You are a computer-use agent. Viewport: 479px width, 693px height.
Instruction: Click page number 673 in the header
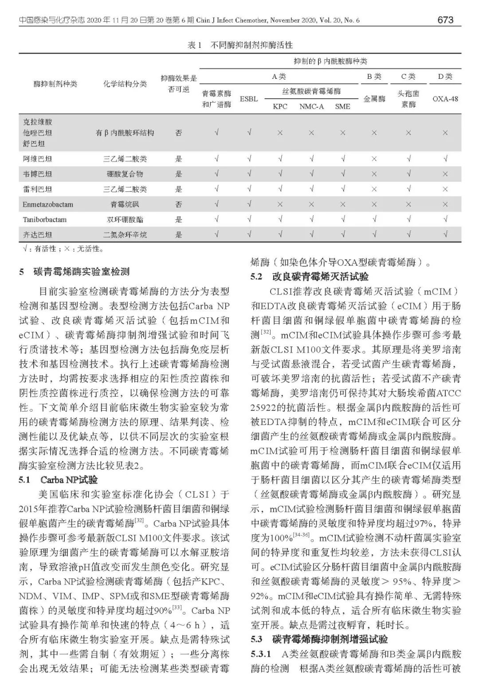[x=445, y=20]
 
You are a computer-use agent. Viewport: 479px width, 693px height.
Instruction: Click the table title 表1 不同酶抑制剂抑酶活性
[x=240, y=45]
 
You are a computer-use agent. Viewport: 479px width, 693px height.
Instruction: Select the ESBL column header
[x=249, y=99]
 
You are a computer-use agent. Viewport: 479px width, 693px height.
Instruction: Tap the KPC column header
[x=280, y=106]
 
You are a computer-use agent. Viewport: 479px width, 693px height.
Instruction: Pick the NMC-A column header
[x=311, y=106]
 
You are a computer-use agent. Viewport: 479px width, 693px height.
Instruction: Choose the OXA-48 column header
[x=445, y=99]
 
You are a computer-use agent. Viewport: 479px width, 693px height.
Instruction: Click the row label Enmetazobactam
[x=48, y=204]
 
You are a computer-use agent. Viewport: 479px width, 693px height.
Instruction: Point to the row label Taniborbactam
[x=45, y=219]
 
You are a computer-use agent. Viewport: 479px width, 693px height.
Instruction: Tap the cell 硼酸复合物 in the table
[x=125, y=174]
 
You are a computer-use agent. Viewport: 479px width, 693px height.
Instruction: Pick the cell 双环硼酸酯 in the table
[x=125, y=219]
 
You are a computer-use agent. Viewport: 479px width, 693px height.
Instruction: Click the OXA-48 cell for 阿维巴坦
[x=445, y=159]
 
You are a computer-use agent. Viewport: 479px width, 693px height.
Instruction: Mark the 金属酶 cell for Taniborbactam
[x=374, y=219]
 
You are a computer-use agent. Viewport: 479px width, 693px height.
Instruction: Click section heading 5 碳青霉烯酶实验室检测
[x=75, y=272]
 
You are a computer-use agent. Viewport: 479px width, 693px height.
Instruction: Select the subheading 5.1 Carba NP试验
[x=58, y=480]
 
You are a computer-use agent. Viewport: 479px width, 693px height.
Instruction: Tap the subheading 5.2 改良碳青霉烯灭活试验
[x=310, y=277]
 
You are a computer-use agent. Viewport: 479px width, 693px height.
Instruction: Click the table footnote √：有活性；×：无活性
[x=63, y=249]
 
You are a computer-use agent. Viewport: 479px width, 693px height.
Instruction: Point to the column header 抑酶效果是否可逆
[x=178, y=84]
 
